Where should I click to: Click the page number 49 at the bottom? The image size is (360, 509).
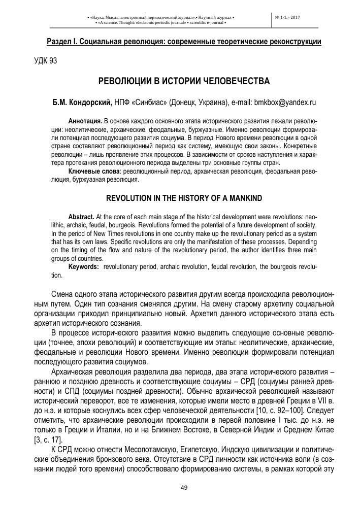[x=184, y=488]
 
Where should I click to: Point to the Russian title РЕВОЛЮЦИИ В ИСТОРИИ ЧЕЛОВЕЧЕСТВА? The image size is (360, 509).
[x=183, y=82]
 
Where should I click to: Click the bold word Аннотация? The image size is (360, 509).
[x=85, y=122]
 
